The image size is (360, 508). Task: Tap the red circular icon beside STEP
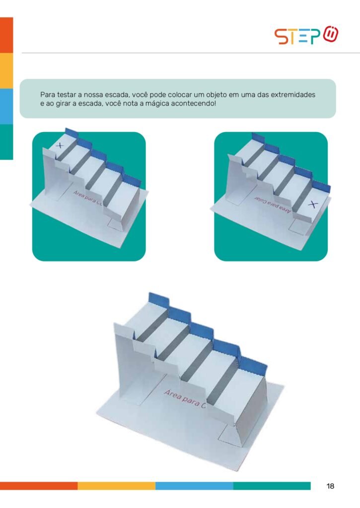[x=331, y=34]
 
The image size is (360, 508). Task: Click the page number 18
[x=330, y=486]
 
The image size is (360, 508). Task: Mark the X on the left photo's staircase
[x=60, y=146]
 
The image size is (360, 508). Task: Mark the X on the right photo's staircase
[x=313, y=204]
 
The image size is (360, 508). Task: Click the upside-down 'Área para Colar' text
[x=273, y=204]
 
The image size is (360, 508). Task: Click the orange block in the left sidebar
[x=6, y=35]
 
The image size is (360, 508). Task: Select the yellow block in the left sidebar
[x=6, y=71]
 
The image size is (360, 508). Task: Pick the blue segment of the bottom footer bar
[x=194, y=486]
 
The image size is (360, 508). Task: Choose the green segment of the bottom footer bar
[x=272, y=486]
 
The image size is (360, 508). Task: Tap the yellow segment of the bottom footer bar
[x=116, y=486]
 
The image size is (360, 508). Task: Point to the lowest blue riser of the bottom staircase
[x=254, y=366]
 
